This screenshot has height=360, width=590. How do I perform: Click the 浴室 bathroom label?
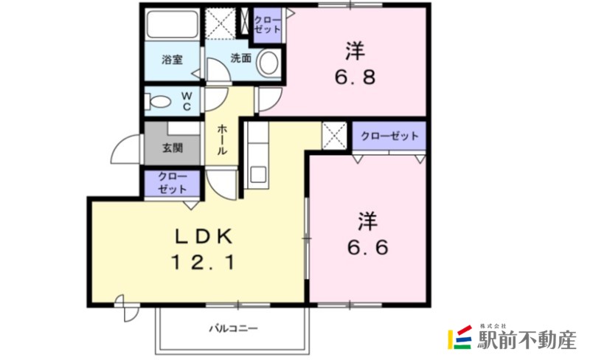pyautogui.click(x=173, y=60)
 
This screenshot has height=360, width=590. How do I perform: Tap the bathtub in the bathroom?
pyautogui.click(x=173, y=26)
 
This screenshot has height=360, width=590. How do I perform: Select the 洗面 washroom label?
pyautogui.click(x=240, y=58)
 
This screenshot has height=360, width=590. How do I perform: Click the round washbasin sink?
pyautogui.click(x=269, y=63)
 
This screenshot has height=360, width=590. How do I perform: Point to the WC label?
pyautogui.click(x=187, y=100)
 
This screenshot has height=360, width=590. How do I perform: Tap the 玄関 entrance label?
pyautogui.click(x=173, y=147)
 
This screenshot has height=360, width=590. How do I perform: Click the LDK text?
pyautogui.click(x=204, y=236)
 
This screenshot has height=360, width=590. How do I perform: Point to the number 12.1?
pyautogui.click(x=204, y=261)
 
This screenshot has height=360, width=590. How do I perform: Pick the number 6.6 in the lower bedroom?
pyautogui.click(x=369, y=246)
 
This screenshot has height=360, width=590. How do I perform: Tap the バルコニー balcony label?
pyautogui.click(x=232, y=328)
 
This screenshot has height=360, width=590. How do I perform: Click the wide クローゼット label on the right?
pyautogui.click(x=389, y=136)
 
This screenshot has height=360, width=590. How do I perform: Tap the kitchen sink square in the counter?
pyautogui.click(x=259, y=175)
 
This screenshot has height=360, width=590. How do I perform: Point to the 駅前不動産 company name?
pyautogui.click(x=526, y=340)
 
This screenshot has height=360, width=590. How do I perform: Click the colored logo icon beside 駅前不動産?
pyautogui.click(x=459, y=338)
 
